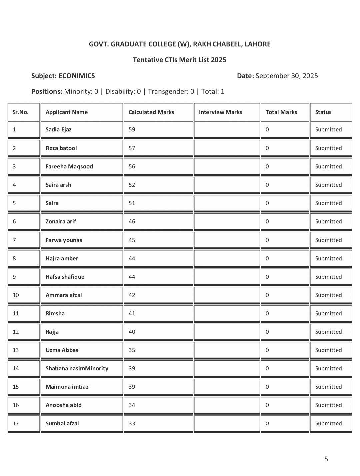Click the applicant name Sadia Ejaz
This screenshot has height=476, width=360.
[59, 129]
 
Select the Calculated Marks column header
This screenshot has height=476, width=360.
[151, 112]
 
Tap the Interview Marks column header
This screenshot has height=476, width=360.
[220, 112]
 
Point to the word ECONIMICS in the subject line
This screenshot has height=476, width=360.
[77, 76]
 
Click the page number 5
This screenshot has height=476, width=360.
[326, 459]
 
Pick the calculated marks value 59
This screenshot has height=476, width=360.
[132, 129]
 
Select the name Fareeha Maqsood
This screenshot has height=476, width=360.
[69, 166]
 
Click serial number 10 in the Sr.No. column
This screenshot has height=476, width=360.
[16, 295]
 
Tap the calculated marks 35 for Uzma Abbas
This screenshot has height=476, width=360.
[132, 350]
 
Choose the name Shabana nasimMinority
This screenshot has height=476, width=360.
[77, 368]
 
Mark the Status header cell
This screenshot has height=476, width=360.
[323, 112]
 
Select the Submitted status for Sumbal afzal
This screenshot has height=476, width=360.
[328, 423]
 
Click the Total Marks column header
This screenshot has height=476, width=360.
[281, 112]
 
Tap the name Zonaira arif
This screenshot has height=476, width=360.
[61, 221]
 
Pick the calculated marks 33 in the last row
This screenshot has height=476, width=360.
[132, 423]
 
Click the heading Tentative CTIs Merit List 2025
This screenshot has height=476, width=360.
[180, 60]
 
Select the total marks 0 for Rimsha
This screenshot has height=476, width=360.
[267, 313]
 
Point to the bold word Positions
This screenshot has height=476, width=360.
[47, 91]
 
